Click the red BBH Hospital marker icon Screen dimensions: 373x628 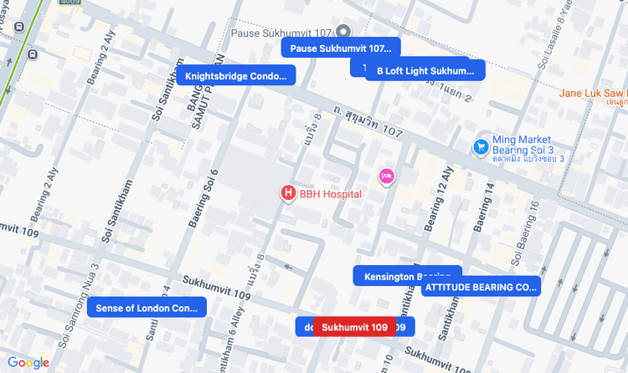(x=288, y=193)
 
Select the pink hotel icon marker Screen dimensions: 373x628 (x=386, y=176)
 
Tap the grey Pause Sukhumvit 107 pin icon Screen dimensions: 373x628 (x=342, y=32)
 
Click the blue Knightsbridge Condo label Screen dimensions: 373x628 (x=235, y=76)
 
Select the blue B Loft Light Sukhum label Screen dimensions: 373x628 (x=425, y=71)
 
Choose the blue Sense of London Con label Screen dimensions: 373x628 (x=147, y=308)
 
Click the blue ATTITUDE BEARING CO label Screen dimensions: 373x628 (x=481, y=287)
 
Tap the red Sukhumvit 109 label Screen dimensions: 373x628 (x=354, y=327)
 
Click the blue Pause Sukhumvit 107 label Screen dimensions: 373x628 (x=341, y=49)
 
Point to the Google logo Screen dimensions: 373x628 (x=28, y=363)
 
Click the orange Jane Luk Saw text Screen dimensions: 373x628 (x=592, y=93)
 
